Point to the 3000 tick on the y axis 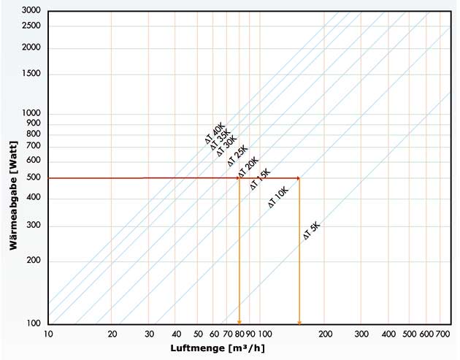pos(31,11)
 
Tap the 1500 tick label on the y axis pos(31,74)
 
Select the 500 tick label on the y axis pos(33,177)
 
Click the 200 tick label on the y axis pos(33,261)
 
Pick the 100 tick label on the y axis pos(33,324)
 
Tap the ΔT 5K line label pos(312,231)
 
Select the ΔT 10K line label pos(278,199)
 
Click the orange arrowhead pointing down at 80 pos(239,321)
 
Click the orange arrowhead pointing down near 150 pos(299,321)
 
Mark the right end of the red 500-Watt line pos(299,177)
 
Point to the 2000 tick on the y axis pos(31,48)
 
